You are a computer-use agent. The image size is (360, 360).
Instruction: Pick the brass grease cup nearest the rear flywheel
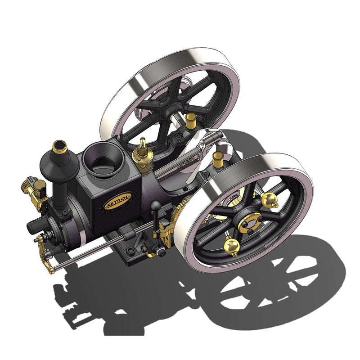[x=191, y=120]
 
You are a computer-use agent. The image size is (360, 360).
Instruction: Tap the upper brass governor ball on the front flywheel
[x=269, y=199]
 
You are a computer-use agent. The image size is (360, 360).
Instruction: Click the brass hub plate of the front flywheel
[x=250, y=223]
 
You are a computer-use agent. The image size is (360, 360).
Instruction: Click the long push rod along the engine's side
[x=99, y=247]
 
